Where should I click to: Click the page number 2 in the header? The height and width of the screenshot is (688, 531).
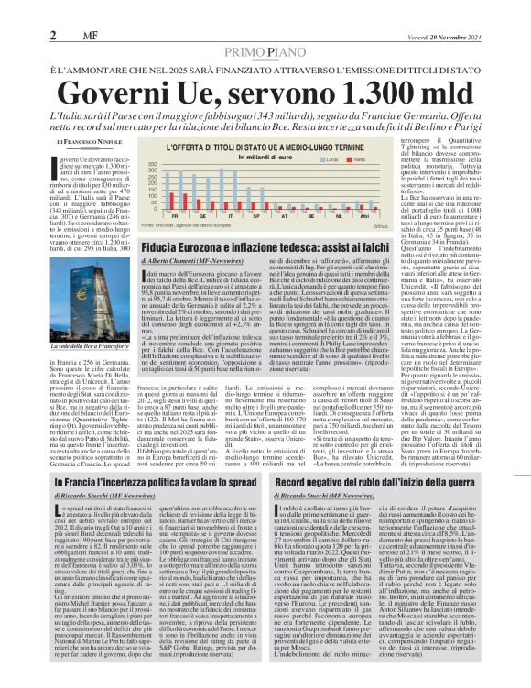pos(54,10)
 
